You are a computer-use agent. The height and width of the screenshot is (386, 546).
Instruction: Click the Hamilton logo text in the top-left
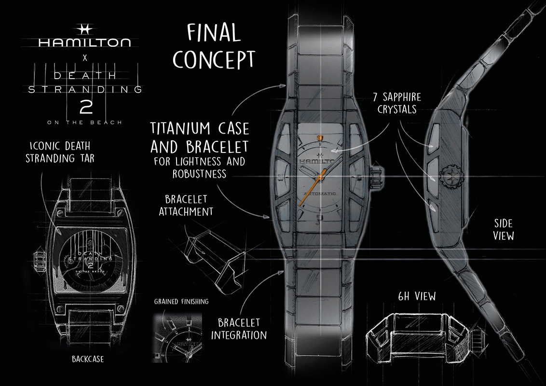tap(84, 42)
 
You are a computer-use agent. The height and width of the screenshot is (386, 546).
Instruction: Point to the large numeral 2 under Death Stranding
tap(84, 107)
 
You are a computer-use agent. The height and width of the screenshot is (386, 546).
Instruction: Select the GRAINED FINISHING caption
tap(181, 302)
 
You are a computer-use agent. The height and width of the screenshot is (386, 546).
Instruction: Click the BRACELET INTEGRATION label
tap(242, 329)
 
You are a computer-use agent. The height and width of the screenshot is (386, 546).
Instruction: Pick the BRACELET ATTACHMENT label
tap(189, 205)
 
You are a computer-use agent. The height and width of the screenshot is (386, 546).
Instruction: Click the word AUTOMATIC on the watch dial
tap(318, 193)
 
